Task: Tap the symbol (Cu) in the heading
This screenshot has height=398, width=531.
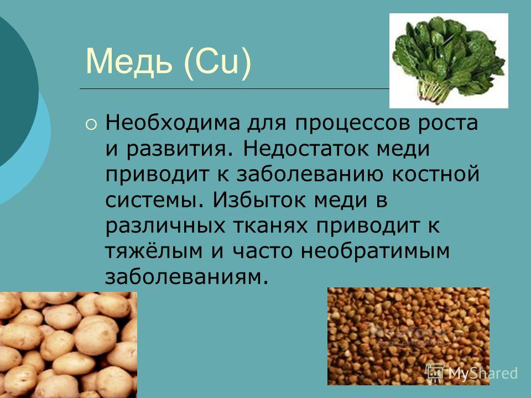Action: click(x=217, y=62)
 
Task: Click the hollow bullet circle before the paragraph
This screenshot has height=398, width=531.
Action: click(x=91, y=125)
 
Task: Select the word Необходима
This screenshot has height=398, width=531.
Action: click(x=173, y=123)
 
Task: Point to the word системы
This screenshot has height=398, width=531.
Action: click(x=152, y=200)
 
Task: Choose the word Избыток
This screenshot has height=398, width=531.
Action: click(x=261, y=200)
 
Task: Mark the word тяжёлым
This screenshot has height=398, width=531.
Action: click(x=154, y=251)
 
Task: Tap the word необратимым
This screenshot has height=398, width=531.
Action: click(x=375, y=251)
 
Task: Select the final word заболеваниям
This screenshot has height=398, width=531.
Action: click(x=184, y=277)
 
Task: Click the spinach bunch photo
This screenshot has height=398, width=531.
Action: click(x=449, y=61)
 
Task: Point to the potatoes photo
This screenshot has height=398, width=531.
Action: click(x=69, y=345)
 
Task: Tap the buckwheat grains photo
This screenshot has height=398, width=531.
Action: click(x=408, y=336)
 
